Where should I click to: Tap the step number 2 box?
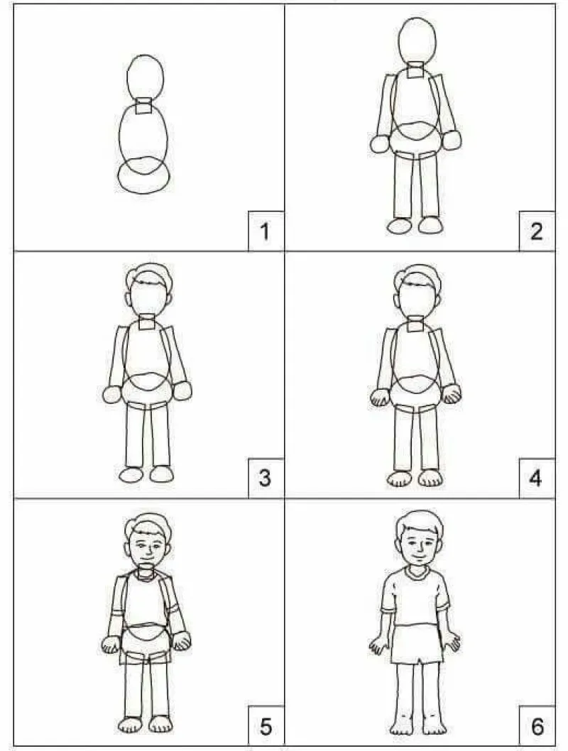point(537,231)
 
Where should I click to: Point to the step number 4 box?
point(537,478)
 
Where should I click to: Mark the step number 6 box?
point(537,727)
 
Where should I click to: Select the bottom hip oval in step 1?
point(144,175)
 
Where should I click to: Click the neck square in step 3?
point(147,323)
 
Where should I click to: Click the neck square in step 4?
point(416,324)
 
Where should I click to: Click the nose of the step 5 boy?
point(147,549)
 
